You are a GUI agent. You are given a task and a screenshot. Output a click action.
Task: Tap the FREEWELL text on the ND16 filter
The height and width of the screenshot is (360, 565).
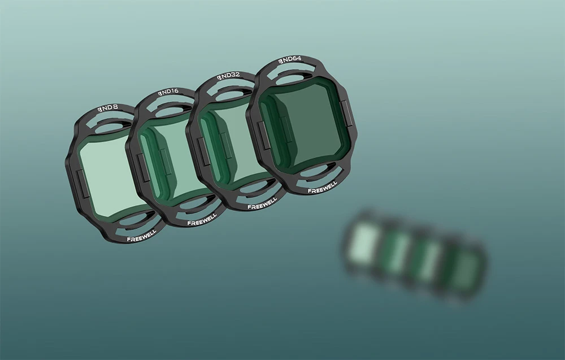click(x=202, y=219)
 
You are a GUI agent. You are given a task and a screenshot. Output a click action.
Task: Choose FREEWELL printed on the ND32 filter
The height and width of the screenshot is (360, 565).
click(x=262, y=203)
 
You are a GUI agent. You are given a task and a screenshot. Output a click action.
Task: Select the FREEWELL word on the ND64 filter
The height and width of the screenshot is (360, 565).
click(x=323, y=187)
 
